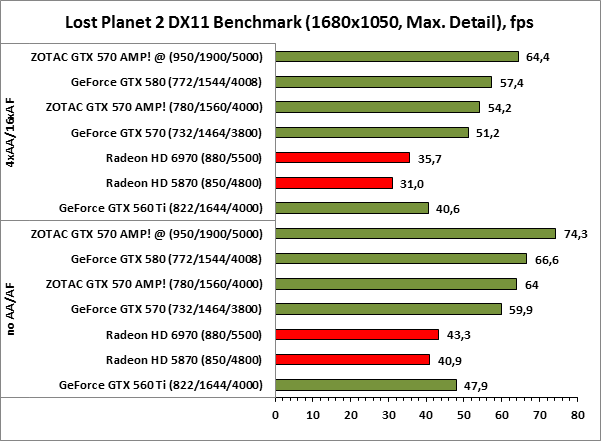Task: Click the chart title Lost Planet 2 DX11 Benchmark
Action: click(300, 21)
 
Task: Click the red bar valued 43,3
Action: click(356, 334)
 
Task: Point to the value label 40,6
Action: click(448, 208)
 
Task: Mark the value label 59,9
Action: click(521, 309)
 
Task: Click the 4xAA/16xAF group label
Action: click(11, 132)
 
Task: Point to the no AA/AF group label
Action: click(11, 309)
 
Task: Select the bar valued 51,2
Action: click(371, 132)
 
